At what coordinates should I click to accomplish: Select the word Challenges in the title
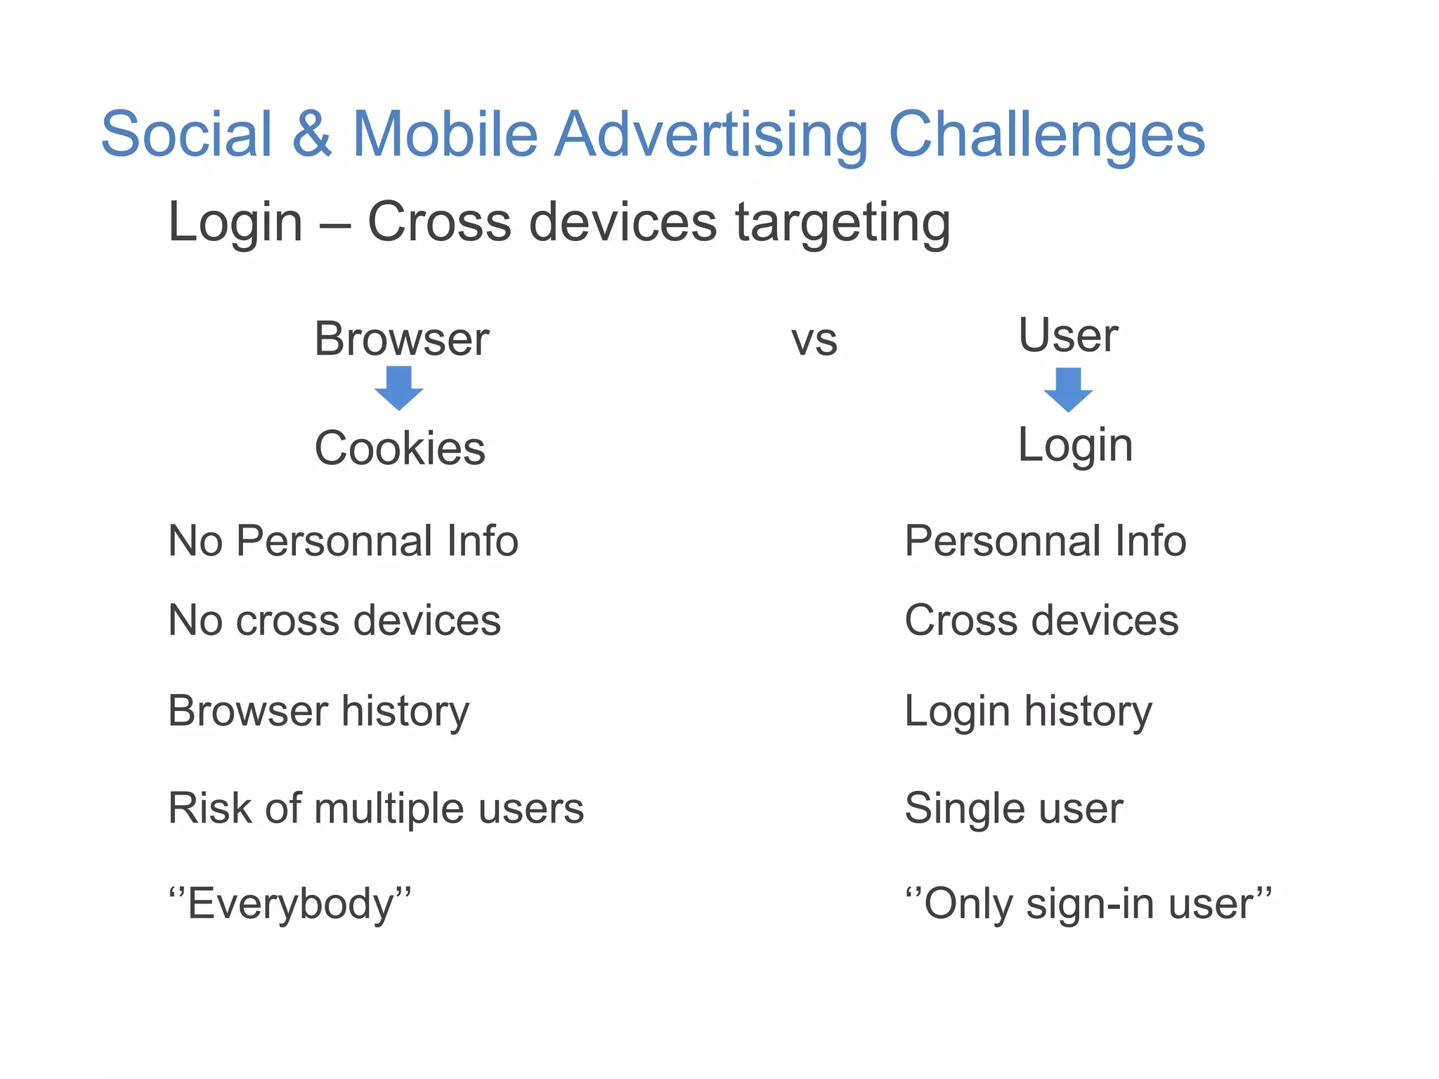coord(1047,135)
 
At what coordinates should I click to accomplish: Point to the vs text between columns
coord(814,341)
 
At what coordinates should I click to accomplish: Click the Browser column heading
coord(401,339)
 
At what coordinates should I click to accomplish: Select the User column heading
coord(1067,336)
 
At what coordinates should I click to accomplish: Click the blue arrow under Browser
coord(398,388)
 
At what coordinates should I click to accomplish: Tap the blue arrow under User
coord(1068,390)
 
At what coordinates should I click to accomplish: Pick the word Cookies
coord(400,448)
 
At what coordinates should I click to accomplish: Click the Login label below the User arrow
coord(1075,445)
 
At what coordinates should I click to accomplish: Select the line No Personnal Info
coord(343,541)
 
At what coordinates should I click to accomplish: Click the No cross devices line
coord(334,620)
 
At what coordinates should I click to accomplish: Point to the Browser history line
coord(318,711)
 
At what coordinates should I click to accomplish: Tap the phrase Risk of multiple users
coord(376,808)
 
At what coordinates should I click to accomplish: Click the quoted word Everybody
coord(290,903)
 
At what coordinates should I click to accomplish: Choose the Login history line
coord(1028,712)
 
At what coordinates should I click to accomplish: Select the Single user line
coord(1013,808)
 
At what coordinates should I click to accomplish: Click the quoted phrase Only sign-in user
coord(1088,903)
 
